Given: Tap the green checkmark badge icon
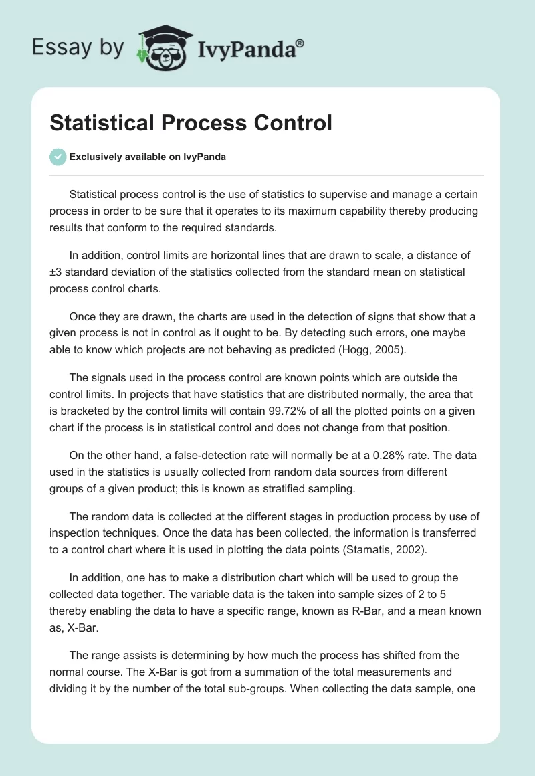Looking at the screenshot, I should pos(58,157).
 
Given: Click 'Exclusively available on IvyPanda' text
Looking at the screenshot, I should pos(147,157).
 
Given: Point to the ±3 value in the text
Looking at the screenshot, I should pos(57,272).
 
